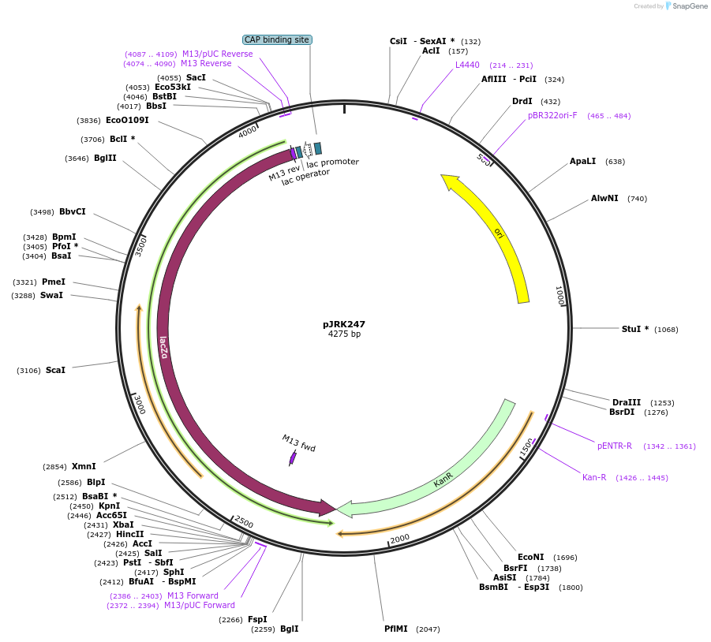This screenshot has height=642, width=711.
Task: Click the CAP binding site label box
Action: (277, 39)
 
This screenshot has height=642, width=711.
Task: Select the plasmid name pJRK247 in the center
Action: (344, 324)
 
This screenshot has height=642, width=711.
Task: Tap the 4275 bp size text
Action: (344, 334)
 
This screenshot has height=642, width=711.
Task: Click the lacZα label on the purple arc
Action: (163, 347)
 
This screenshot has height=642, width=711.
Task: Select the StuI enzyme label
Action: (631, 329)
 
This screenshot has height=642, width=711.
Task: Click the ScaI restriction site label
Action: (55, 370)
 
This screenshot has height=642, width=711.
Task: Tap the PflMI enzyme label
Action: (396, 629)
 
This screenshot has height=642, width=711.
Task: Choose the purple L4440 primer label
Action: (467, 65)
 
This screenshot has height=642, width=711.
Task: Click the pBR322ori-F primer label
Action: (552, 115)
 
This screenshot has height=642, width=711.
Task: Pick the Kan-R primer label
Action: (594, 477)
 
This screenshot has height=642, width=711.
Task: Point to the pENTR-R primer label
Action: (615, 446)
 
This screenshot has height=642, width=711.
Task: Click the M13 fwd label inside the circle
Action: (298, 443)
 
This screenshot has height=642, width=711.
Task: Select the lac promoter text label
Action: (333, 162)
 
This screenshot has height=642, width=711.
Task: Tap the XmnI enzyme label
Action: (84, 466)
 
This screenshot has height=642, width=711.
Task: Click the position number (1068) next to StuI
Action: (666, 330)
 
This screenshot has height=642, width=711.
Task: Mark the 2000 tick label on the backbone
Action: (400, 538)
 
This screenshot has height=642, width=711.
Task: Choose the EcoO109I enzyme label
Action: (127, 120)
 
